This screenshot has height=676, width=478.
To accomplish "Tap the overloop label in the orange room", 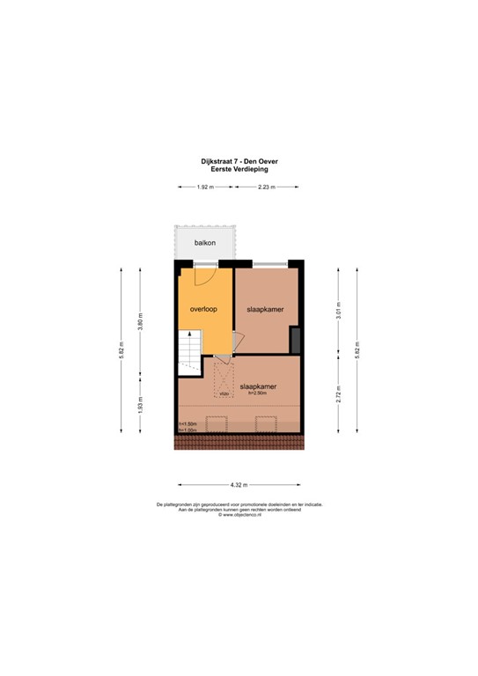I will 203,309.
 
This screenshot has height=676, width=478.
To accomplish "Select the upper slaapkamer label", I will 266,309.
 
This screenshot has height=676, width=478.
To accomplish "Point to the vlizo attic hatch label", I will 224,393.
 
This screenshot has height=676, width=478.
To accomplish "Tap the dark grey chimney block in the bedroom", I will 296,339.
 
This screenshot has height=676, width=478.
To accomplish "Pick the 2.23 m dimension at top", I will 266,187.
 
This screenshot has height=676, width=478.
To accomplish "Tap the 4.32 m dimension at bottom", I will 239,485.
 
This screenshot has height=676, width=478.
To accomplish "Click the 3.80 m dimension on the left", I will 140,323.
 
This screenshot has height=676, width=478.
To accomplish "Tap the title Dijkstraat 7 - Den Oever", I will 239,161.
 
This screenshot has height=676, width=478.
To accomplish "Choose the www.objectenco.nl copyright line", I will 239,515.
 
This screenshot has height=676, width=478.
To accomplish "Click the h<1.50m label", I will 187,423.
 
